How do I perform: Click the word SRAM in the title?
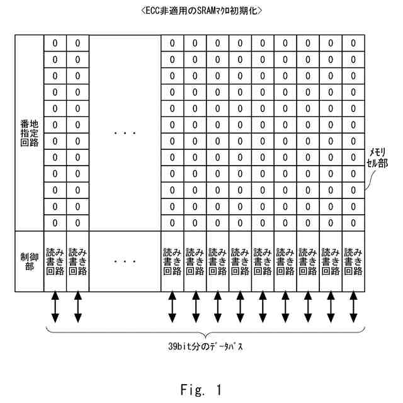[x=207, y=11]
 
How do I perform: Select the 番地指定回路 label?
[x=30, y=133]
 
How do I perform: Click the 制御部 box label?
[x=30, y=262]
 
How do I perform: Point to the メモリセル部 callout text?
[x=377, y=158]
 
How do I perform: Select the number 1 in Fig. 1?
[x=219, y=390]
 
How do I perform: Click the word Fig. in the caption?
[x=193, y=390]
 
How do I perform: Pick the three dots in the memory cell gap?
[x=125, y=133]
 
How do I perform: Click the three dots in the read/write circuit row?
[x=125, y=262]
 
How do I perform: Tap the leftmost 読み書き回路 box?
[x=55, y=261]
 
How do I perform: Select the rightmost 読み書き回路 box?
[x=353, y=261]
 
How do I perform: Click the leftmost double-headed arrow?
[x=55, y=307]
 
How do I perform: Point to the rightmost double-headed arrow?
[x=354, y=307]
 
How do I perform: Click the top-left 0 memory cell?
[x=55, y=43]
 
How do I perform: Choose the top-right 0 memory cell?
[x=353, y=43]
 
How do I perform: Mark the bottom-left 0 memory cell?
[x=55, y=223]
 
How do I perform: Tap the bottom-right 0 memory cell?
[x=353, y=223]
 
